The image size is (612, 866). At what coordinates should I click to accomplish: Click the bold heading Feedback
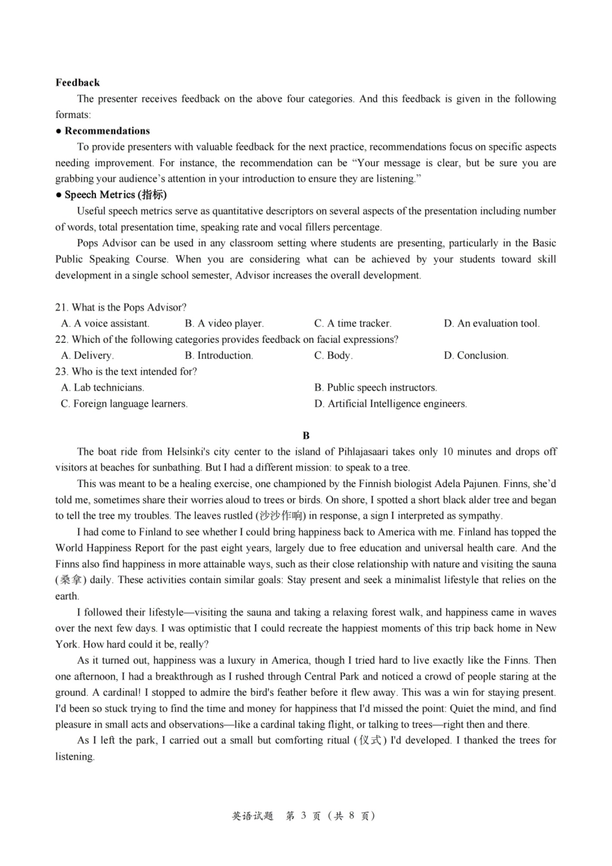77,82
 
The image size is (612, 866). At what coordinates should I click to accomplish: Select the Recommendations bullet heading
107,131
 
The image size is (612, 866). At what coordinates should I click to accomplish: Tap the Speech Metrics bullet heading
115,195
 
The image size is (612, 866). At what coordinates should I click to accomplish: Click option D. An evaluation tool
492,323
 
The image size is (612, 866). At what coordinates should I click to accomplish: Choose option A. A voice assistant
105,323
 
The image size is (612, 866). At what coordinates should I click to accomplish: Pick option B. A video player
224,323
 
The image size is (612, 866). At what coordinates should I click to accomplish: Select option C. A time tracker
352,323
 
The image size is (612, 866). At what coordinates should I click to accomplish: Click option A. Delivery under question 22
87,356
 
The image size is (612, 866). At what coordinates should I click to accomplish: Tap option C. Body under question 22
333,356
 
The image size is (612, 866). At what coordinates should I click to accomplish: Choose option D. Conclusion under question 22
476,356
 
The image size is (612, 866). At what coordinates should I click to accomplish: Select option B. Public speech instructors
376,388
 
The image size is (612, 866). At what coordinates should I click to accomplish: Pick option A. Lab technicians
102,388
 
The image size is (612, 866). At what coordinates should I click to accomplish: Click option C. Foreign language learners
124,404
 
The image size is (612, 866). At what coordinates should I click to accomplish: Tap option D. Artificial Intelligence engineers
390,404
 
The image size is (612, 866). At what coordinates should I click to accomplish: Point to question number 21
61,307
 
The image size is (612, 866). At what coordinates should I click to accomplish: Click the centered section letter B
306,436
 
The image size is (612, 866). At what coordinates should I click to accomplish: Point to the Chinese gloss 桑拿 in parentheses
71,580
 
